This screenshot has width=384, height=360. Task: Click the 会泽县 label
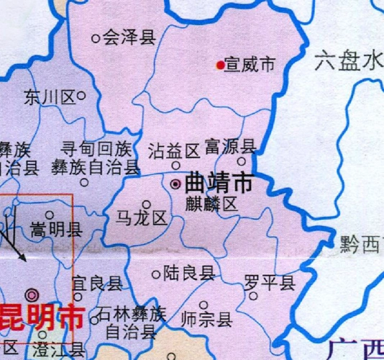click(129, 38)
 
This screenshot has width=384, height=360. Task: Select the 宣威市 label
click(250, 65)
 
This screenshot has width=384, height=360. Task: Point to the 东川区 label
click(50, 96)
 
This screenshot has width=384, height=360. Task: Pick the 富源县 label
click(230, 146)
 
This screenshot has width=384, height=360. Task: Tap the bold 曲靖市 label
click(219, 183)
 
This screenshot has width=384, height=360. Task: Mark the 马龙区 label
click(141, 217)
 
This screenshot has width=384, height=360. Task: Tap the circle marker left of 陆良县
click(157, 274)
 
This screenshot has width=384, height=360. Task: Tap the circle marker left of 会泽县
click(96, 38)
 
